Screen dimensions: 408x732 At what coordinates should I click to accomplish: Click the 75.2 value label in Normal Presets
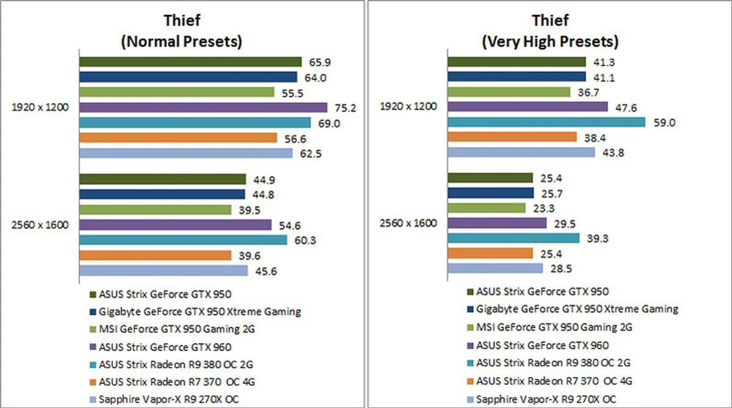click(x=345, y=108)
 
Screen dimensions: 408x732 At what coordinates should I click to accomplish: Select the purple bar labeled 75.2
click(x=203, y=108)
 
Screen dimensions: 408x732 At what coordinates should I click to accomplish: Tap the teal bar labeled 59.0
click(x=546, y=122)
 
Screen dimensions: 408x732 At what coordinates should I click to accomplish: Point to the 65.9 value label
click(x=319, y=63)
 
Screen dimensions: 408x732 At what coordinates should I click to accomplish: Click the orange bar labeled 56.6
click(x=178, y=138)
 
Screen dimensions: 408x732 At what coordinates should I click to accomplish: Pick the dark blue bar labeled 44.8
click(x=162, y=194)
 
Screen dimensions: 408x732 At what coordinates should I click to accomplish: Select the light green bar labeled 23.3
click(x=486, y=208)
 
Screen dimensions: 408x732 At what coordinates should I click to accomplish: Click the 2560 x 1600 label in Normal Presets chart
click(x=40, y=225)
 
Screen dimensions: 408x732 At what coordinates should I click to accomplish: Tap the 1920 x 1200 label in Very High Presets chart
click(x=408, y=106)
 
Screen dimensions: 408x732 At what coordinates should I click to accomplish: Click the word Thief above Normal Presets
click(x=182, y=21)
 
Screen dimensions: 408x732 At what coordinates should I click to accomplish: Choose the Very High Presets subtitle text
click(x=550, y=42)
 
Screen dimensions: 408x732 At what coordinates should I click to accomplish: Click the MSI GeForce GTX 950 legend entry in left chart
click(x=177, y=329)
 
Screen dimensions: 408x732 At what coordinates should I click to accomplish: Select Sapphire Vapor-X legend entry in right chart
click(x=546, y=399)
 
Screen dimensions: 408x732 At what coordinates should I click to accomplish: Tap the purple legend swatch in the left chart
click(x=93, y=347)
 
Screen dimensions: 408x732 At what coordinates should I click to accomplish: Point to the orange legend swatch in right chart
click(x=470, y=381)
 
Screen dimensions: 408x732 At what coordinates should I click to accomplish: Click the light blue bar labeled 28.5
click(x=495, y=268)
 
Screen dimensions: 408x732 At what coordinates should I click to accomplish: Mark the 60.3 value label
click(x=305, y=241)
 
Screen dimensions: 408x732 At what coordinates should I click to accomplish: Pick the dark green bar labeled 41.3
click(x=516, y=62)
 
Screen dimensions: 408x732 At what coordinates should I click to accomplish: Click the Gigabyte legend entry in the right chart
click(x=577, y=309)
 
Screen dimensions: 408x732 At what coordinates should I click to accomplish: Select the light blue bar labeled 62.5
click(x=186, y=153)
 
